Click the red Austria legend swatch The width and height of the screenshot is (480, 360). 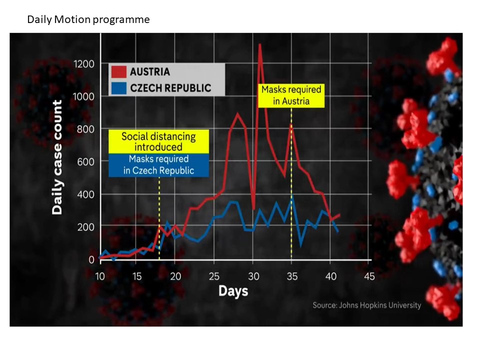click(x=119, y=71)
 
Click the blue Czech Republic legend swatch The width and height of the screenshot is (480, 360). click(x=119, y=88)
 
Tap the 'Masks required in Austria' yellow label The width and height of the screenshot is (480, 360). click(x=291, y=95)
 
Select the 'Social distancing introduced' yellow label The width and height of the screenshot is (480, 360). click(x=158, y=141)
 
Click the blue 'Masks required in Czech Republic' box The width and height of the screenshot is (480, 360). click(x=158, y=165)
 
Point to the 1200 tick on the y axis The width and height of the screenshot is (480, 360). click(x=83, y=64)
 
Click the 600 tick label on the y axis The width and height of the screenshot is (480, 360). click(x=85, y=161)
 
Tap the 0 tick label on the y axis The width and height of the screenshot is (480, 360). click(x=91, y=259)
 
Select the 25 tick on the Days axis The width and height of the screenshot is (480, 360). click(x=214, y=276)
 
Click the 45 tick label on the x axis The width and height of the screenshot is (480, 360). click(x=369, y=276)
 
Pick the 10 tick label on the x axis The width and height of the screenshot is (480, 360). click(x=100, y=276)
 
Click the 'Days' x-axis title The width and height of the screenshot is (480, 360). click(x=233, y=291)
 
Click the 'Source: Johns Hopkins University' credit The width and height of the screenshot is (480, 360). click(x=366, y=305)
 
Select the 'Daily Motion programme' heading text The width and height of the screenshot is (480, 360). click(x=88, y=19)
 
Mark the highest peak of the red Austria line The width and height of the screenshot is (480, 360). click(x=260, y=44)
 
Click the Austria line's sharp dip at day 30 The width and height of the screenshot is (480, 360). click(x=254, y=209)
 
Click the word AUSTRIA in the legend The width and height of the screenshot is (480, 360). click(x=149, y=71)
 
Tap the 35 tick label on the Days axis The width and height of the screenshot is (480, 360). click(x=291, y=276)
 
